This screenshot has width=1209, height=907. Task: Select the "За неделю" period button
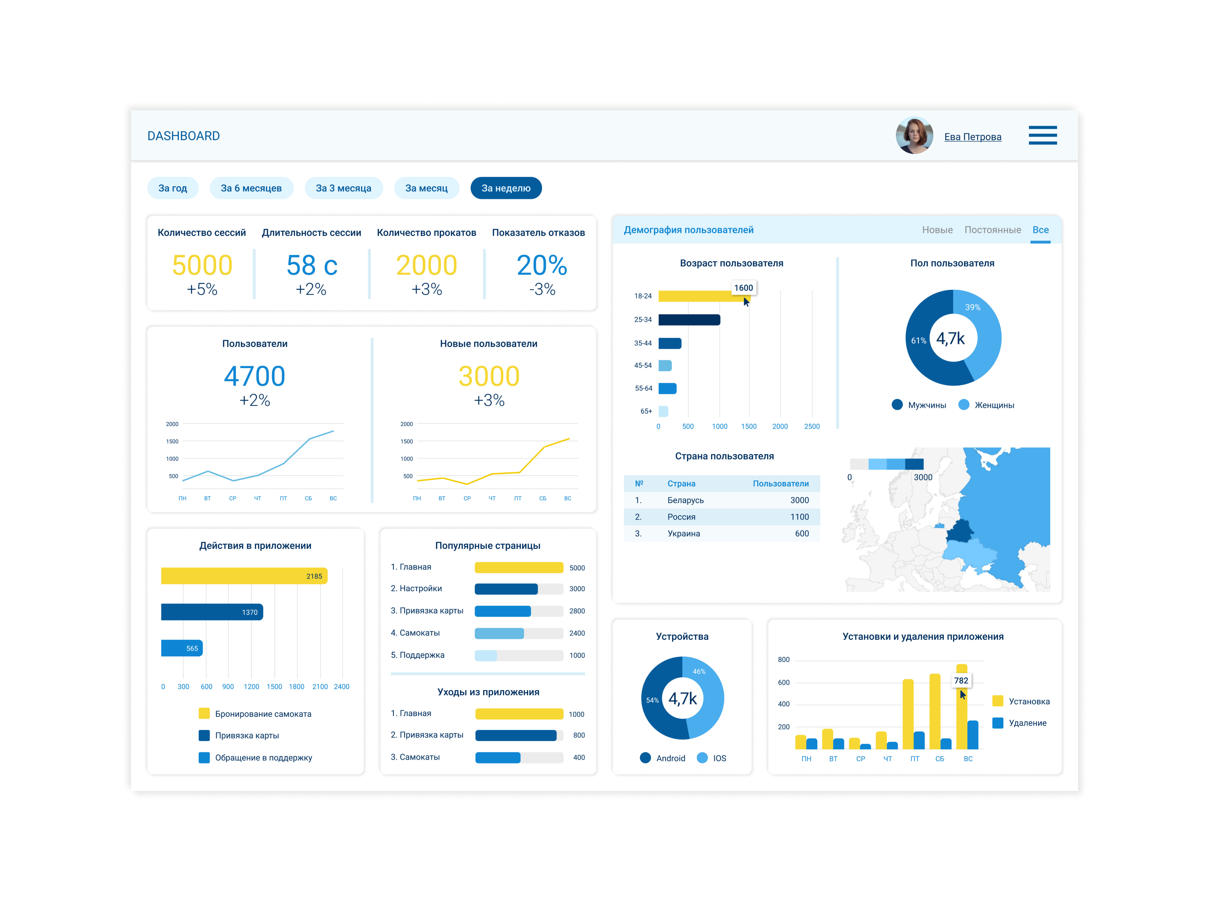[506, 188]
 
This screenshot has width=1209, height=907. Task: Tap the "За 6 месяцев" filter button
[251, 188]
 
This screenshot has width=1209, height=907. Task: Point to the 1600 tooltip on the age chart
[743, 288]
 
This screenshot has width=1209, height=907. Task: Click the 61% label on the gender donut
[918, 341]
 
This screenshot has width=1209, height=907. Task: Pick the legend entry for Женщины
[987, 405]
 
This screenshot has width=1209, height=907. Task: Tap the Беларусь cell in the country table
[685, 500]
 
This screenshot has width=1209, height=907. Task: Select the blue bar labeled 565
[181, 648]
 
